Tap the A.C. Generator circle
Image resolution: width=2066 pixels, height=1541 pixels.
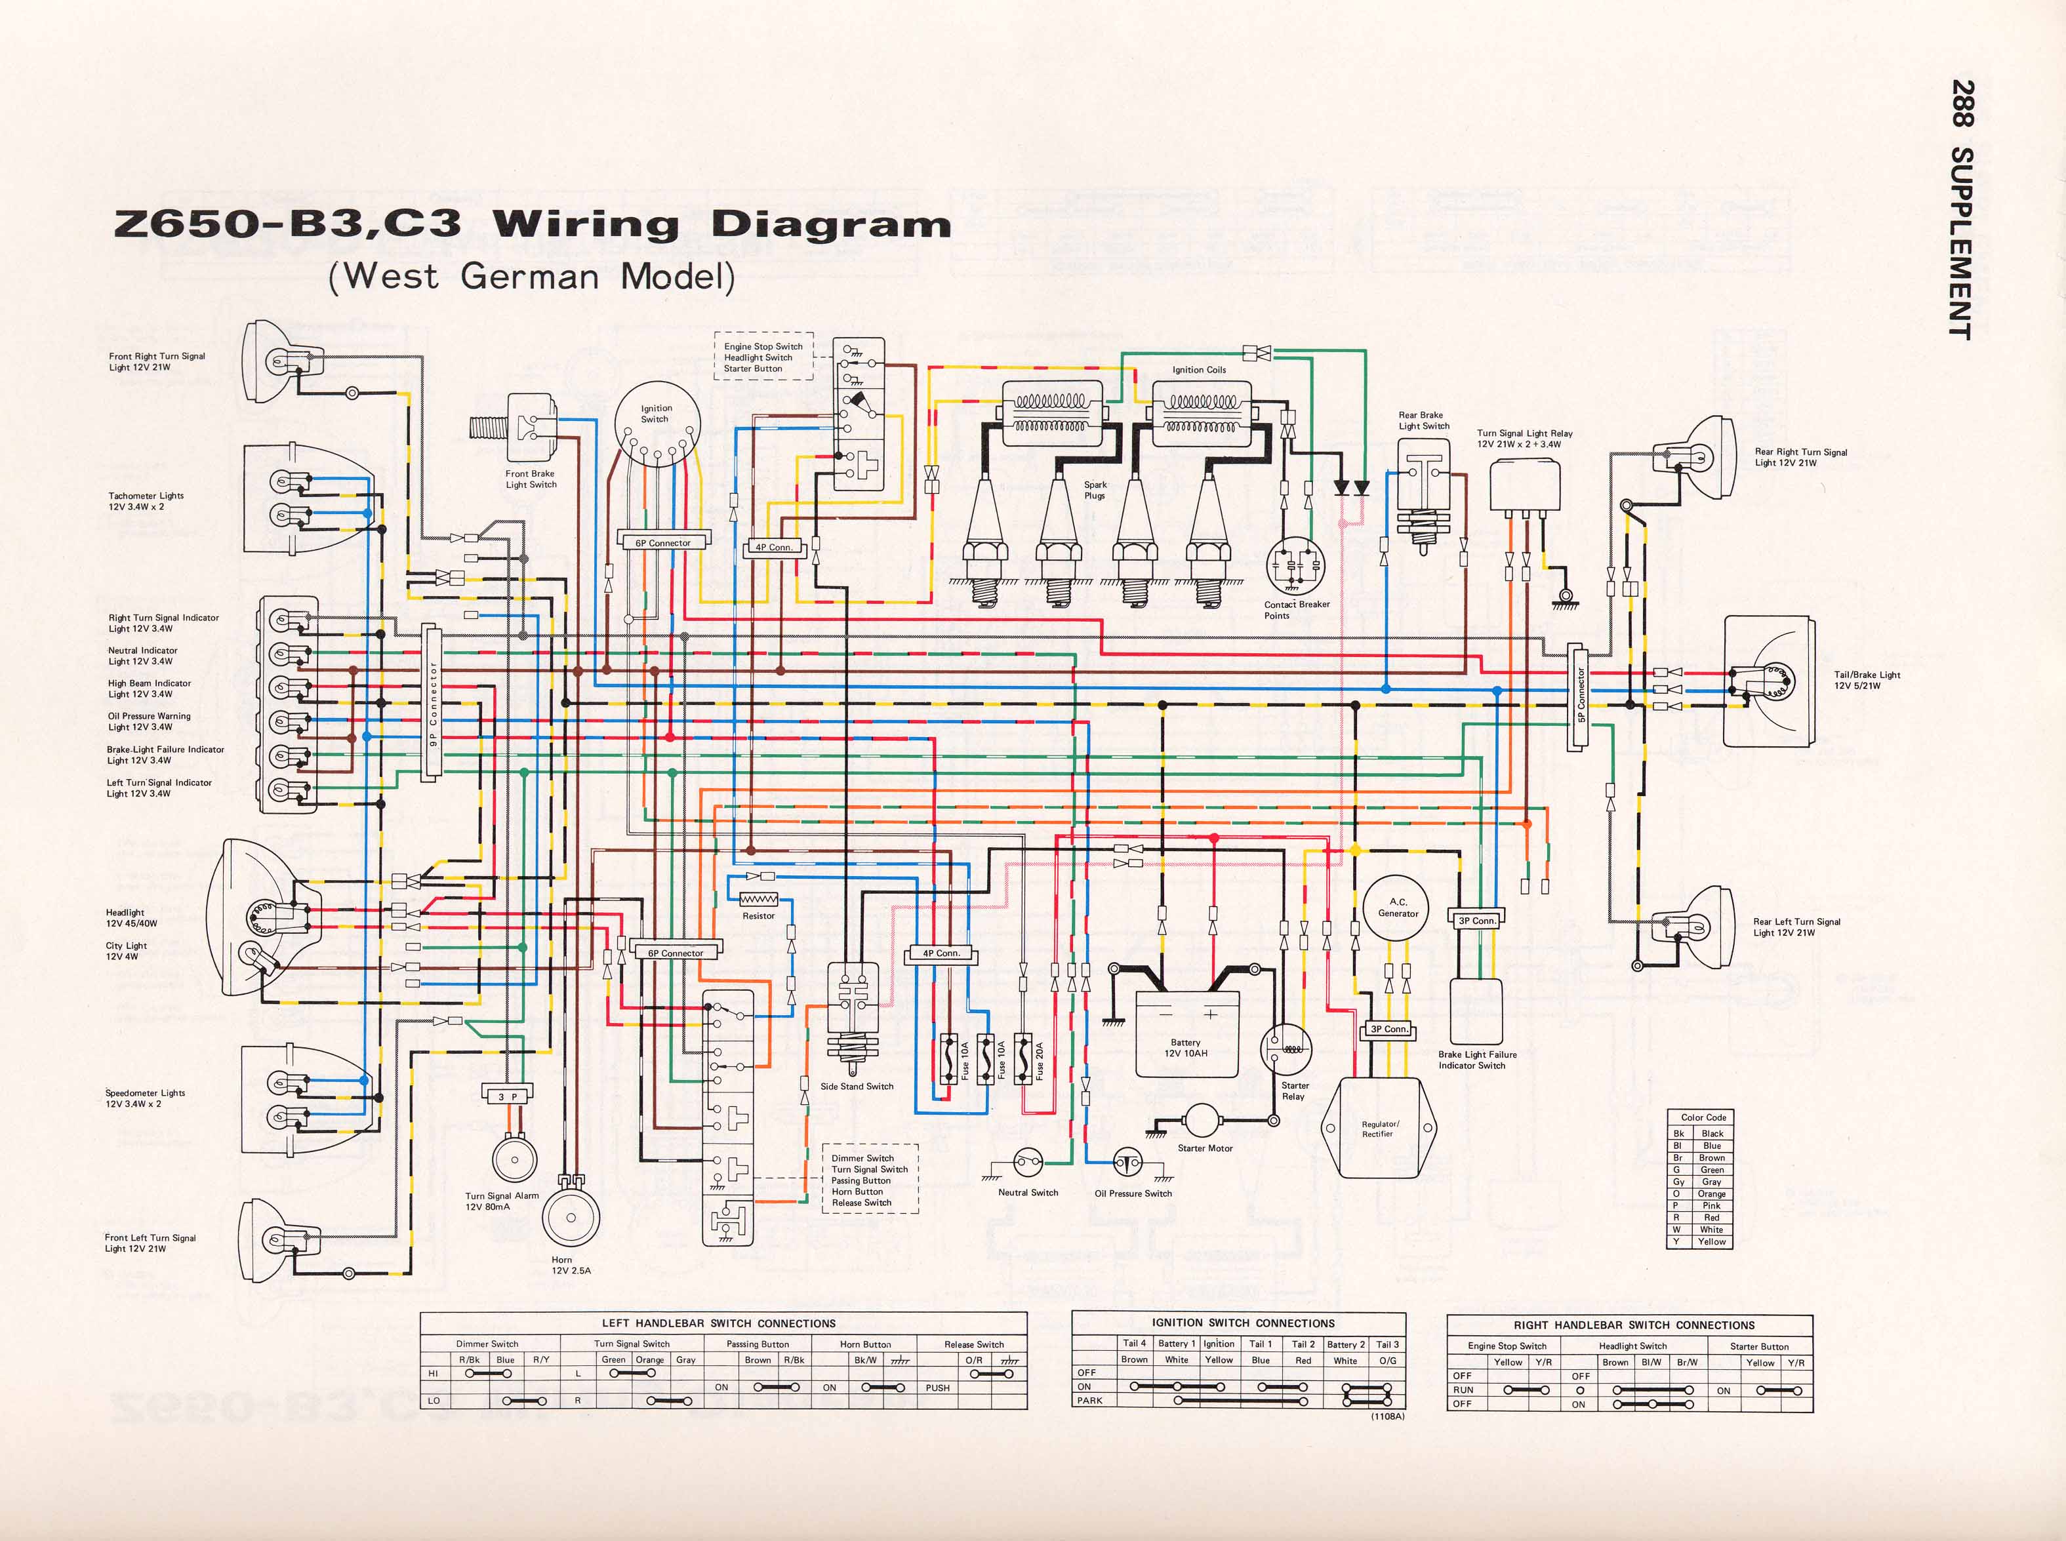coord(1397,908)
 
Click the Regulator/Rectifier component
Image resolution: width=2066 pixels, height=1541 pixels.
coord(1381,1128)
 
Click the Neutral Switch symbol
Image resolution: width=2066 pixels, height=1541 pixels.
coord(1028,1162)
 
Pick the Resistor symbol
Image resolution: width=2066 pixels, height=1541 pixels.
coord(758,899)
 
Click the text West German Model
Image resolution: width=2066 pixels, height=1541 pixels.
coord(532,277)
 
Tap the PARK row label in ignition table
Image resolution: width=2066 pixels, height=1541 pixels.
coord(1090,1400)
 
